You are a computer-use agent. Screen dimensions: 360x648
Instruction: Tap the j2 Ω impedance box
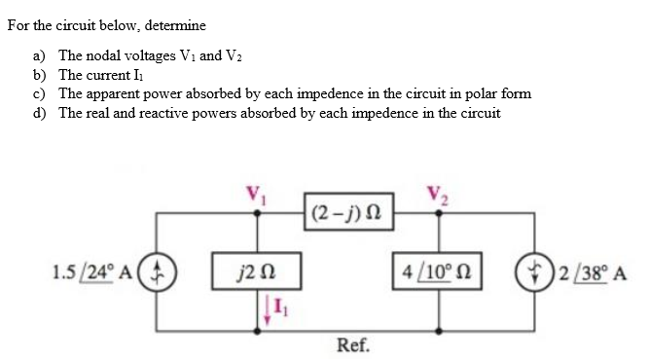coord(258,269)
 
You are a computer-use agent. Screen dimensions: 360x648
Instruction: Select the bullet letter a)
coord(40,57)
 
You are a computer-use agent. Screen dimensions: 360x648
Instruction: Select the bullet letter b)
coord(40,76)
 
